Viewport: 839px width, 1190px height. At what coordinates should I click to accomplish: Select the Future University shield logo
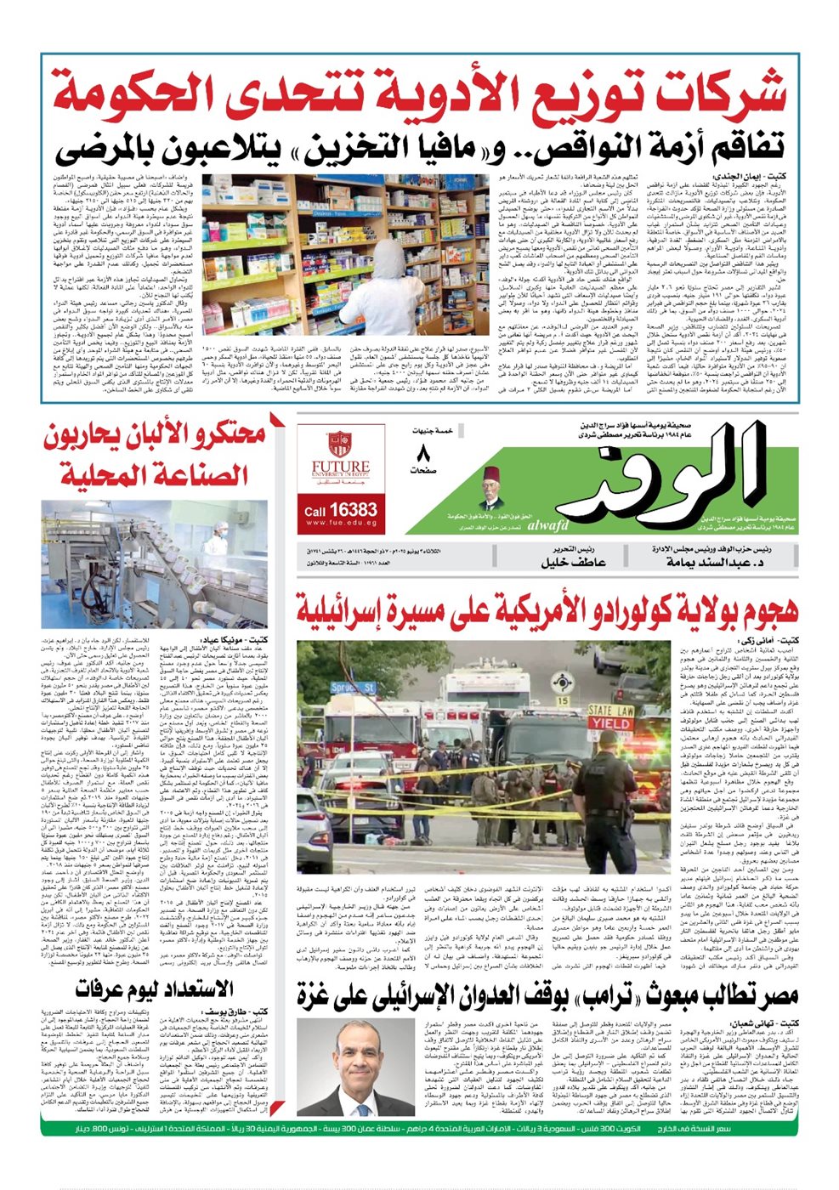[340, 444]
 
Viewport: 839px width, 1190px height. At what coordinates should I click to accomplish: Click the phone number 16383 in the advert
[352, 509]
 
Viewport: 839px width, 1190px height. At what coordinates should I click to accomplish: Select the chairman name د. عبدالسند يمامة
[723, 562]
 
